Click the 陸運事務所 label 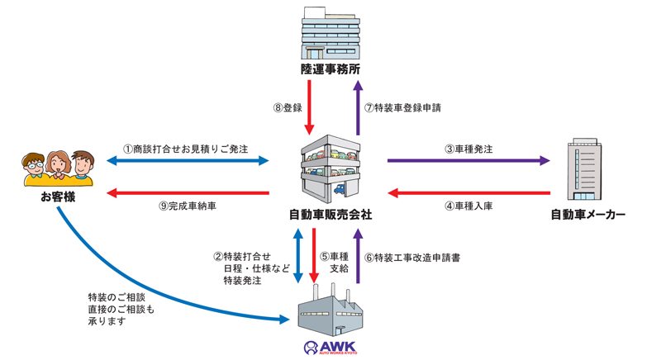coord(330,68)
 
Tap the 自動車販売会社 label coord(330,215)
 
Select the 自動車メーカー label coord(588,215)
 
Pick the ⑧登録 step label coord(288,108)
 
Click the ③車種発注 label coord(468,149)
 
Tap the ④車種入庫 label coord(468,206)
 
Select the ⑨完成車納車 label coord(189,206)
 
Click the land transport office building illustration coord(330,29)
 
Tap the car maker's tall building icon coord(586,172)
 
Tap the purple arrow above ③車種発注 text coord(468,160)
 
